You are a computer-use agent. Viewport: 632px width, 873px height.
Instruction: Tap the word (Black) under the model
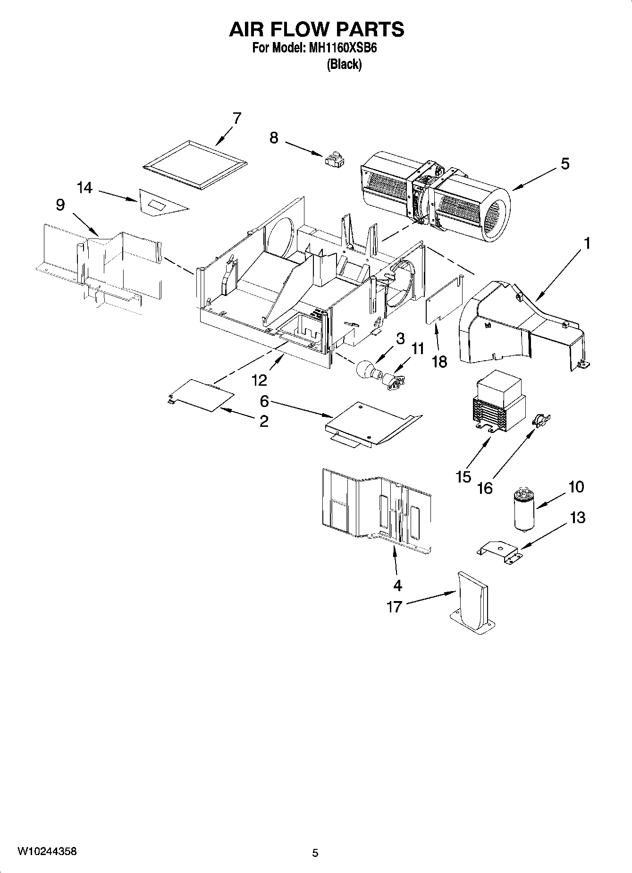pos(344,65)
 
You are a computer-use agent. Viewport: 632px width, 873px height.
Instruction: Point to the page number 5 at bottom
pos(315,853)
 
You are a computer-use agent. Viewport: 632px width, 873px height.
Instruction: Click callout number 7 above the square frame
pos(236,118)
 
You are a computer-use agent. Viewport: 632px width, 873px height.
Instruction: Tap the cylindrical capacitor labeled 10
pos(523,510)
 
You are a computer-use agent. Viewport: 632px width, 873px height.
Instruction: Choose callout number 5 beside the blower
pos(565,164)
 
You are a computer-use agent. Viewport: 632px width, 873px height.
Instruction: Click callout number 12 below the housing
pos(259,380)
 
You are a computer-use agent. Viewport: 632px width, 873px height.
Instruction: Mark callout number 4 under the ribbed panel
pos(397,585)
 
